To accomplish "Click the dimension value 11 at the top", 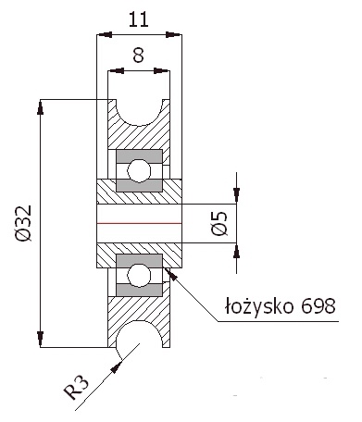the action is pos(138,19).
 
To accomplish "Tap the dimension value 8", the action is pos(138,56).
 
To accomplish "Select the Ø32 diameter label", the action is pos(23,223).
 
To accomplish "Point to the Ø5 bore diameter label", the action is pos(218,223).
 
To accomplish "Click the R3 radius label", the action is pos(76,388).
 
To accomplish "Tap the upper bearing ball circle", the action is pos(139,170).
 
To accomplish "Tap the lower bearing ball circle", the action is pos(139,275).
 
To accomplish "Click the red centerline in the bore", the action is pos(139,223).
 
